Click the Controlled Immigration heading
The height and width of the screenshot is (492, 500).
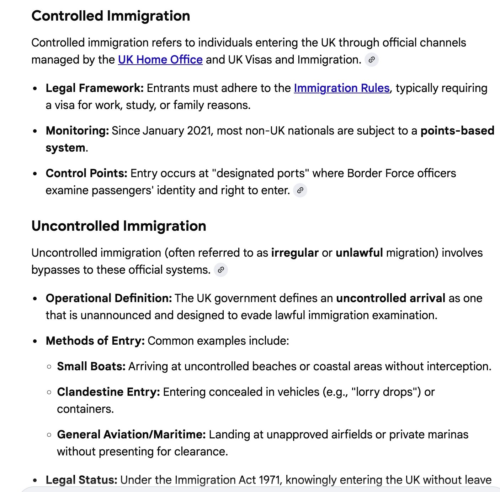point(111,16)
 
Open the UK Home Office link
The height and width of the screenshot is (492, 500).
point(160,60)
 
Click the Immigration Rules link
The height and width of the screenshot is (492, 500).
point(342,88)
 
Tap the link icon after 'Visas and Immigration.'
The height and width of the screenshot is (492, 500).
point(372,60)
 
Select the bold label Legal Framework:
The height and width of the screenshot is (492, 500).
point(95,88)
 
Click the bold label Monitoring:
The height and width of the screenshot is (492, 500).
point(77,131)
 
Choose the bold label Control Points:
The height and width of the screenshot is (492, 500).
point(86,173)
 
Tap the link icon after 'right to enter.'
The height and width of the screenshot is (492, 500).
point(300,190)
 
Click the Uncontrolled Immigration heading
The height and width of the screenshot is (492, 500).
point(119,226)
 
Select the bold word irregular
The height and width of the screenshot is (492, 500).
point(295,253)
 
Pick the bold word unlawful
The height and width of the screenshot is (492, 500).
point(359,253)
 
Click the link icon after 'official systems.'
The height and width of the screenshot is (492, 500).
point(221,270)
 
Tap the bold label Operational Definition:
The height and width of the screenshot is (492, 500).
point(109,298)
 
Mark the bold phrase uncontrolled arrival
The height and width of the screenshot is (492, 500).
point(390,298)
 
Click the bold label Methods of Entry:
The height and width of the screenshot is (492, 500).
point(95,341)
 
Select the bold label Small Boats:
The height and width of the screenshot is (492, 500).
point(91,366)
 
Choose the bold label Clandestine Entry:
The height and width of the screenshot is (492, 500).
point(108,392)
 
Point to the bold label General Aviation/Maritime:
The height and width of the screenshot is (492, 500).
point(131,434)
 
